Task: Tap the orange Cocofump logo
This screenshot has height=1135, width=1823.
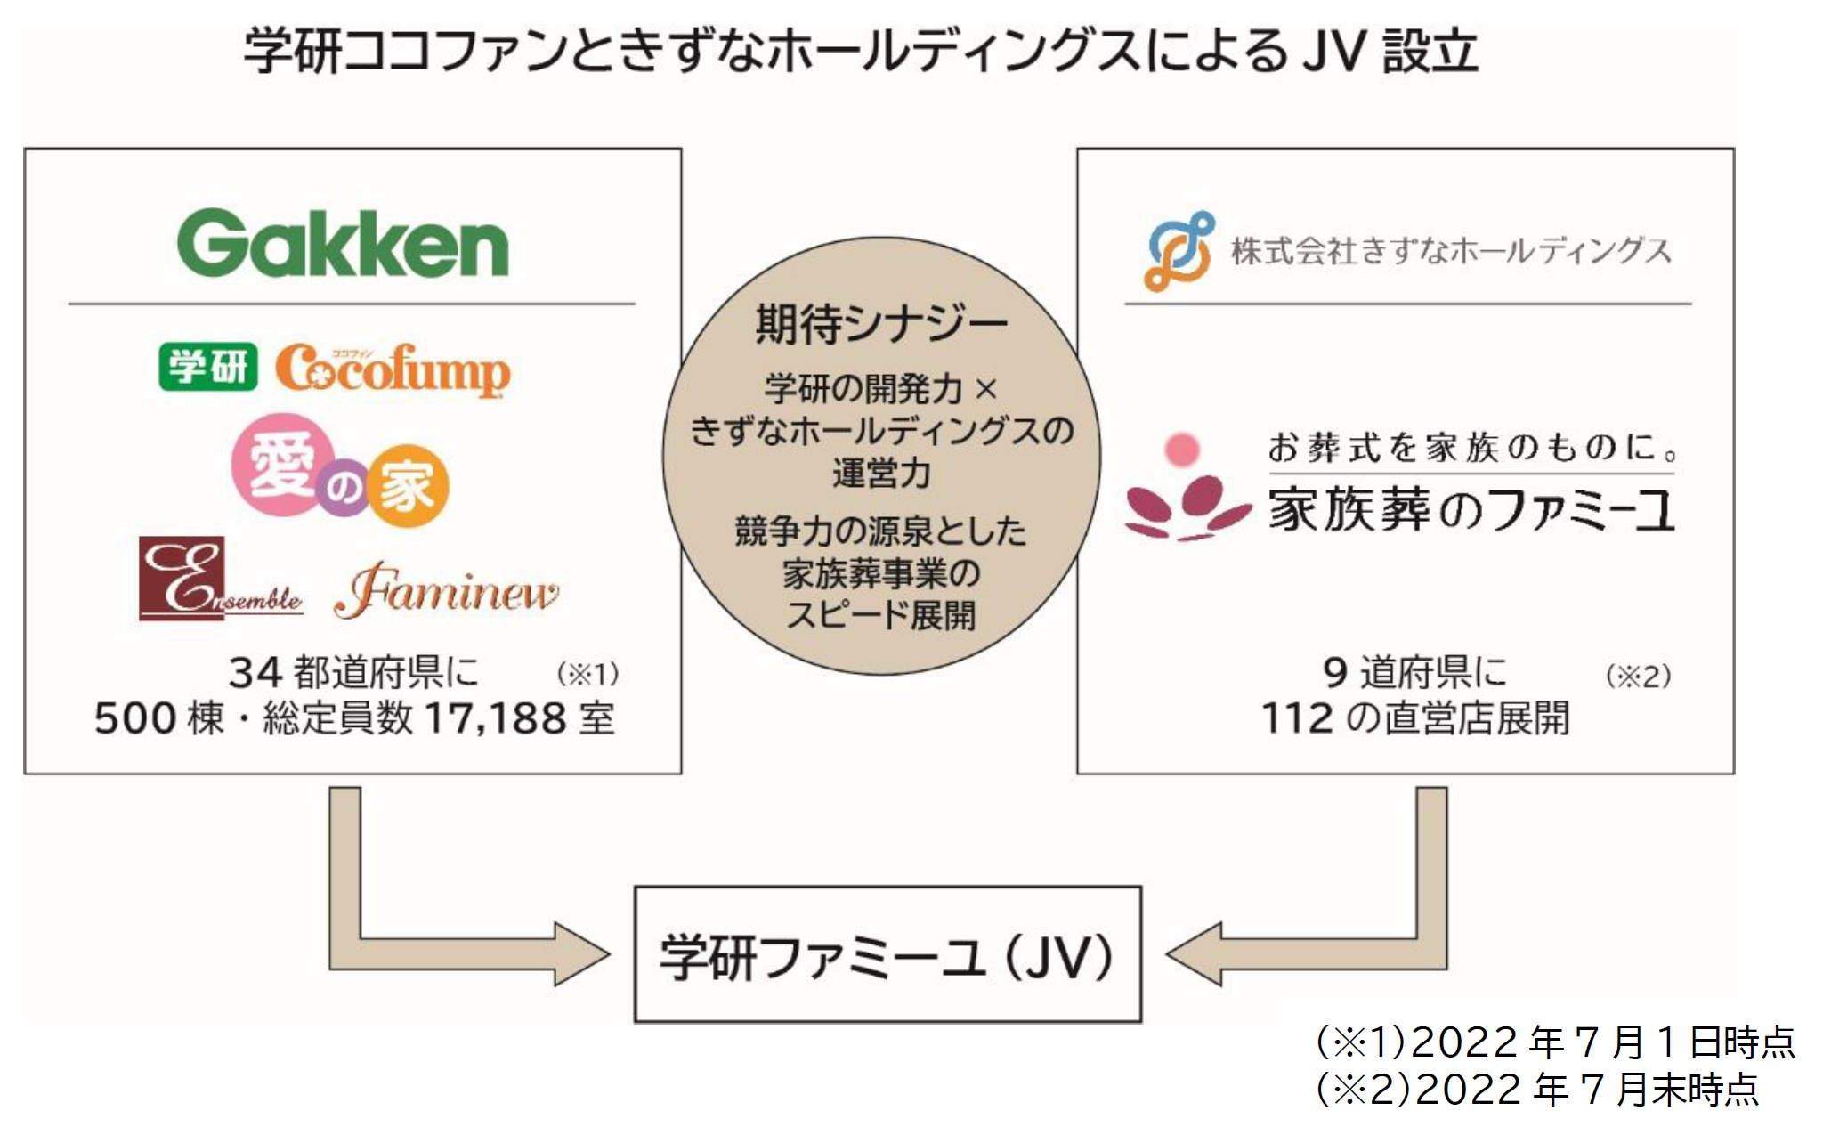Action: [393, 369]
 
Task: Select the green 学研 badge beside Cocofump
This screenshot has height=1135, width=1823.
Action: [207, 367]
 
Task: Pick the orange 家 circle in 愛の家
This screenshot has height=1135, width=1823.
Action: [408, 487]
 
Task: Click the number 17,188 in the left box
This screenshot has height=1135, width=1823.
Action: [495, 718]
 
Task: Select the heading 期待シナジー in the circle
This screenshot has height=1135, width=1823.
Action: [881, 324]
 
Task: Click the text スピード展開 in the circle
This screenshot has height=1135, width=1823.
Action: [881, 615]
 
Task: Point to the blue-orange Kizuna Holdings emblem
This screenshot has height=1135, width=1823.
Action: [1179, 251]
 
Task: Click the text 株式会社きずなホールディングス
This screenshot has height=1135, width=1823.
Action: [1451, 251]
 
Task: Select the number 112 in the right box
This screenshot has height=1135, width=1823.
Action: [1297, 718]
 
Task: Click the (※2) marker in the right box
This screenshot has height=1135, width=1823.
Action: [1638, 677]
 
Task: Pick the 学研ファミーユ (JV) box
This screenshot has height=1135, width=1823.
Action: [887, 954]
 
